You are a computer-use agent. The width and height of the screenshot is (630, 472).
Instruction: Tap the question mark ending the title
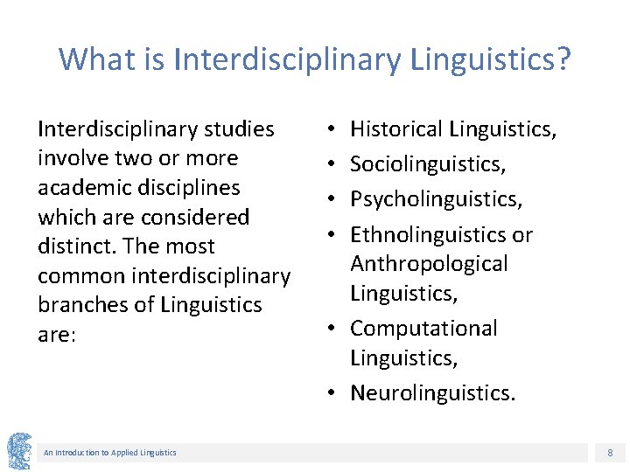[563, 59]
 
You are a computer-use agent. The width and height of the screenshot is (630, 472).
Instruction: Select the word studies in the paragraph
[237, 129]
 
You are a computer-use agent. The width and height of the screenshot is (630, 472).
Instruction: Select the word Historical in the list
[398, 130]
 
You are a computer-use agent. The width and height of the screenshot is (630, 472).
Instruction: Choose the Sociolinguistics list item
[428, 164]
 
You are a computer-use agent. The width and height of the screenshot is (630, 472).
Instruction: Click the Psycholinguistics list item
[436, 199]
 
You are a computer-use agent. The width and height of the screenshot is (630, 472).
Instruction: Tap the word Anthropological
[429, 264]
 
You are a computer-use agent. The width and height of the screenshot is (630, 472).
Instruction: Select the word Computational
[423, 329]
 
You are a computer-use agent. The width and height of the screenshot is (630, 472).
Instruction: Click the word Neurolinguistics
[432, 393]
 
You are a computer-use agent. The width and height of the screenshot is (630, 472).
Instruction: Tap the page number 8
[610, 452]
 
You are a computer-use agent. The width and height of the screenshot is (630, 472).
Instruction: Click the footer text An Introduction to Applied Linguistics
[110, 452]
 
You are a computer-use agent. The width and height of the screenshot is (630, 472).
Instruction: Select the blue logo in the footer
[18, 451]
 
